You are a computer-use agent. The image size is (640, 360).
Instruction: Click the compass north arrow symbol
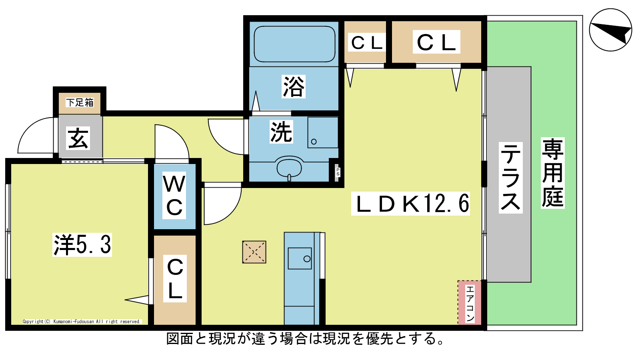coord(610,30)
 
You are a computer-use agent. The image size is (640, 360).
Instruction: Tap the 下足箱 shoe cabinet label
coord(80,102)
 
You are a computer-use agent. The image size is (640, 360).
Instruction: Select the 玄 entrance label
coord(78,138)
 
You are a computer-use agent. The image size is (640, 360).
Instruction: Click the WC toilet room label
coord(174,196)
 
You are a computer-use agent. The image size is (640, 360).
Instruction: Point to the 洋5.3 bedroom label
coord(82,244)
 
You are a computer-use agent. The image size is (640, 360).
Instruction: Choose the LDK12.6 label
coord(410,204)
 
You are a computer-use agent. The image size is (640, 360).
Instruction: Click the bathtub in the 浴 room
coord(294,44)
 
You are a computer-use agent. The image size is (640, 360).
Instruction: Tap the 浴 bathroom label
coord(294,86)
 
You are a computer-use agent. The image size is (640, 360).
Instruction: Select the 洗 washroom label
coord(282,132)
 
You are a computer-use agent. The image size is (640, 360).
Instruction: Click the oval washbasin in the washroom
coord(289,168)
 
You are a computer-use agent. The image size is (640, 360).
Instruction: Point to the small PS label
coord(338,172)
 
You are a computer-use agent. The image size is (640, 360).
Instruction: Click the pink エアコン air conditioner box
coord(470,302)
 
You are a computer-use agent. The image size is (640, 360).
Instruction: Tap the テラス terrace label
coord(510,178)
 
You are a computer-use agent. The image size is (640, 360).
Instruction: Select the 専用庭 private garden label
coord(552,173)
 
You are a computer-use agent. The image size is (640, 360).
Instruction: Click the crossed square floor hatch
coord(254,252)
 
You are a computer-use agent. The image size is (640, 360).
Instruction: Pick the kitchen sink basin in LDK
coord(300,258)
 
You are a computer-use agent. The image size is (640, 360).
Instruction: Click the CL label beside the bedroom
coord(175,278)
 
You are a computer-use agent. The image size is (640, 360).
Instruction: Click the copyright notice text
coord(82,322)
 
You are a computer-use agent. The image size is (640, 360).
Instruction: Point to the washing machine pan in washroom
coord(323,132)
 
